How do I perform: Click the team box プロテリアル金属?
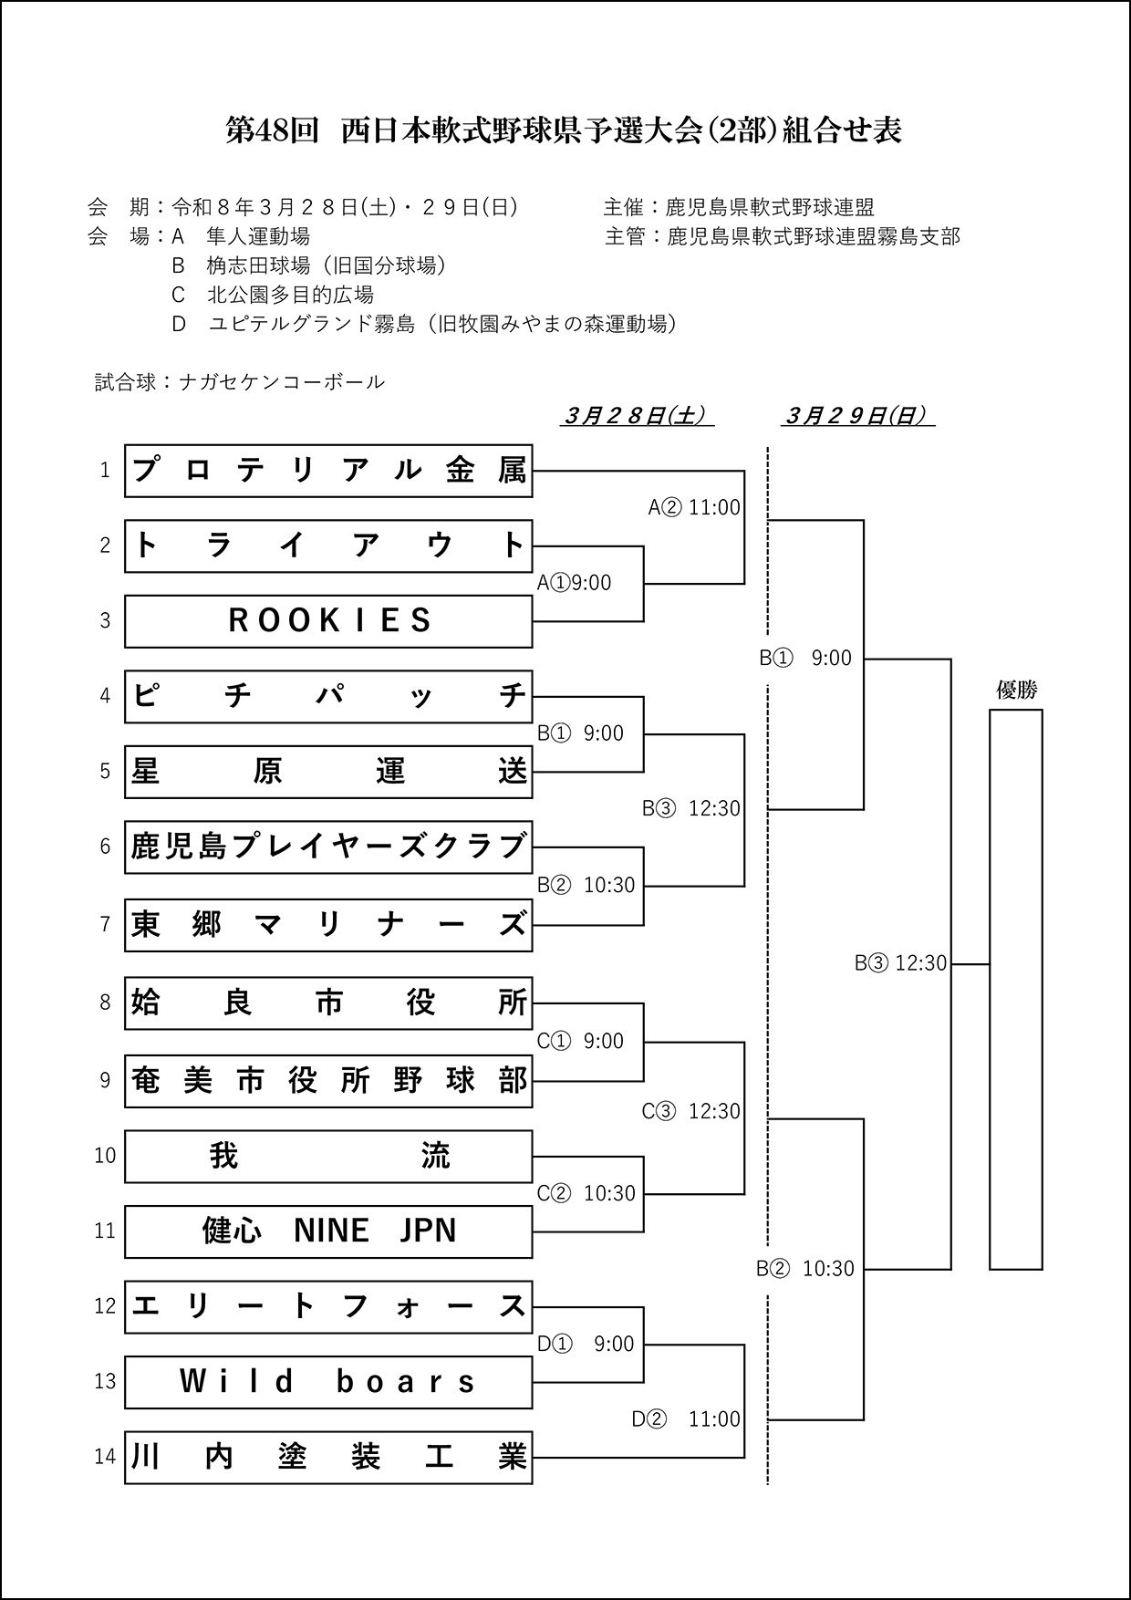pos(328,471)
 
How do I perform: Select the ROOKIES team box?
pos(328,621)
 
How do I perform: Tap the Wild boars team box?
pos(328,1382)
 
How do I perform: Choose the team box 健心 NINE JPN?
pos(328,1231)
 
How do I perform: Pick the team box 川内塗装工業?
pos(328,1458)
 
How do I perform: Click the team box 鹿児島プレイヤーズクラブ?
pos(328,847)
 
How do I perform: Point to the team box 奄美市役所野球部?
pos(328,1081)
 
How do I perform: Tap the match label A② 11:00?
pos(694,507)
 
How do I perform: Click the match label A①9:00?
pos(575,583)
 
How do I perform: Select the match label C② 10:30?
pos(586,1193)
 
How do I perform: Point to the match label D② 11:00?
pos(686,1419)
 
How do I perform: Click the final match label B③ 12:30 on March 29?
pos(900,963)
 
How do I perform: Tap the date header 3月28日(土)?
pos(637,416)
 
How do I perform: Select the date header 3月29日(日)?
pos(857,416)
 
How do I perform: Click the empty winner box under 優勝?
pos(1016,990)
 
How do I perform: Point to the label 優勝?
pos(1016,691)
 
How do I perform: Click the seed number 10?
pos(105,1156)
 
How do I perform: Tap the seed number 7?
pos(105,925)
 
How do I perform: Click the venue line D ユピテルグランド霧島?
pos(424,324)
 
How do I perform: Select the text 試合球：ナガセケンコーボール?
pos(240,382)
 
